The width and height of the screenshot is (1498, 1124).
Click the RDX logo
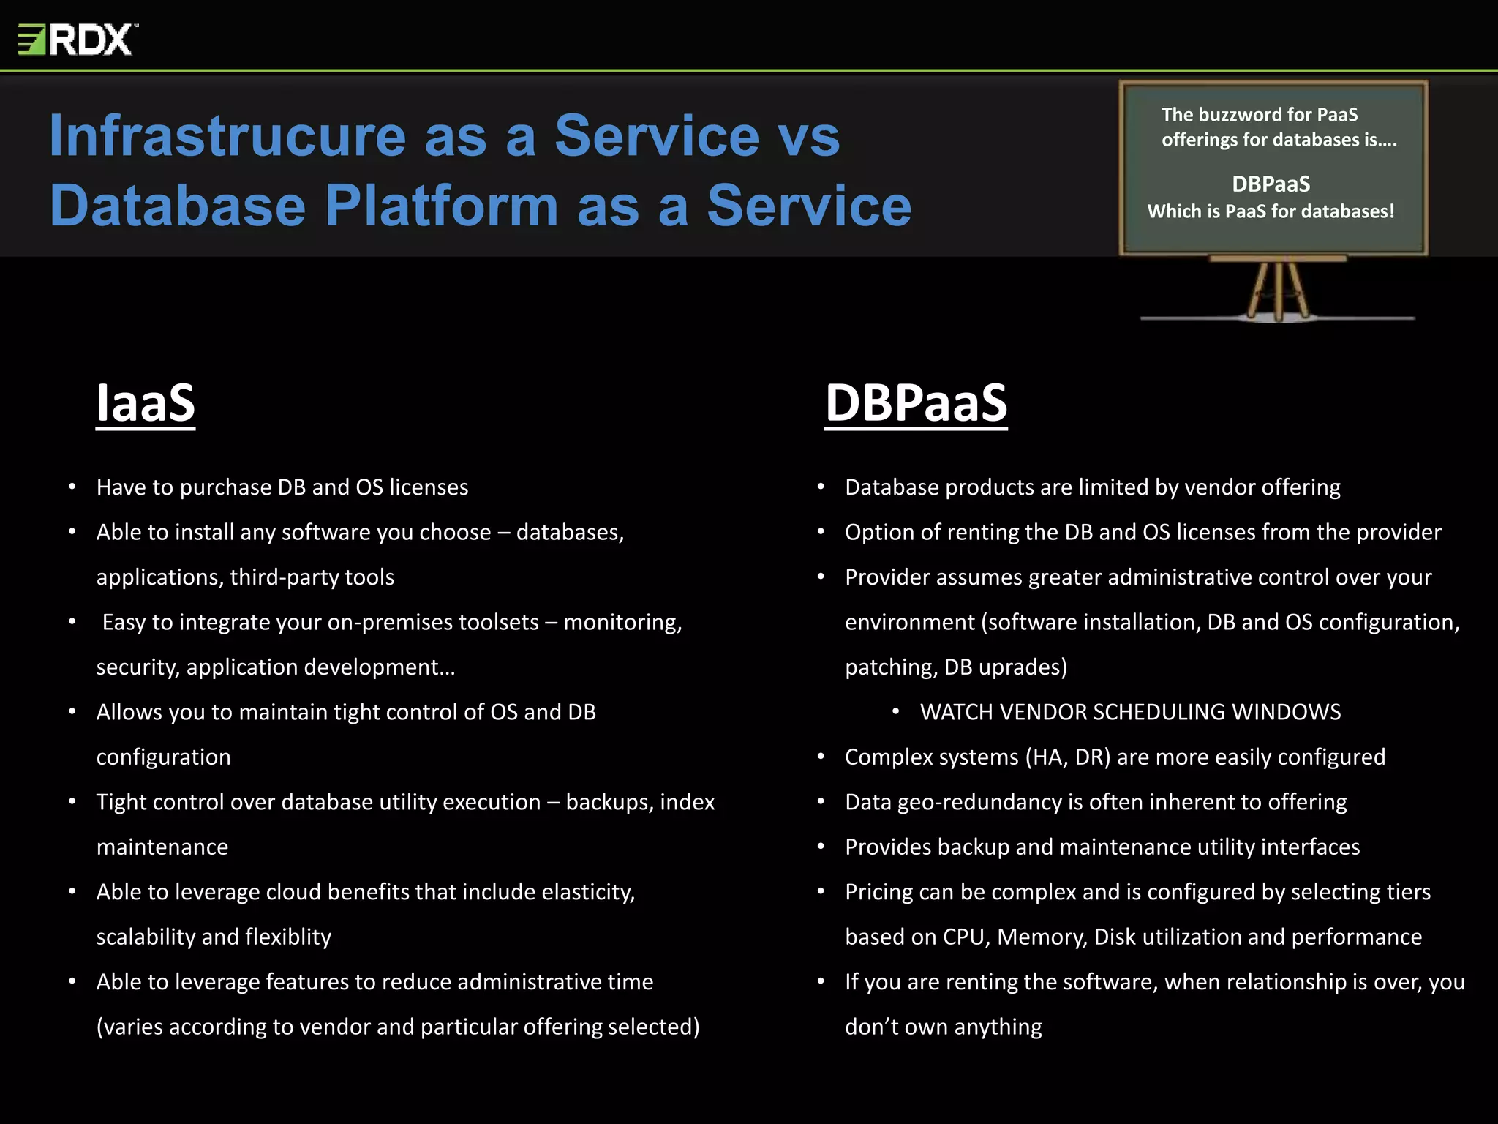tap(77, 40)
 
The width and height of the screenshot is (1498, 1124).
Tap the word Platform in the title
tap(442, 206)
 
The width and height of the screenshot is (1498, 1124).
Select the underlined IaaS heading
tap(146, 402)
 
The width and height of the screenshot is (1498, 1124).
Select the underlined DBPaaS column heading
tap(916, 402)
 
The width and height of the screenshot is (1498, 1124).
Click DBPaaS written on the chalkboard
tap(1271, 184)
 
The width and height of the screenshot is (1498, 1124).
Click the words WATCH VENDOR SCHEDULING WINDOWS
tap(1130, 712)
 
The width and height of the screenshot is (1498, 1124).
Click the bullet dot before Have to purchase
tap(72, 487)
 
